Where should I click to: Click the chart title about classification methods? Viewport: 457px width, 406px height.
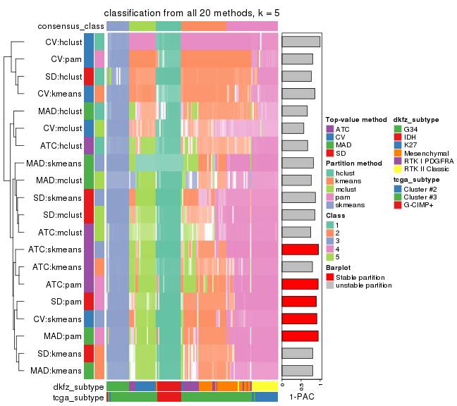(x=192, y=13)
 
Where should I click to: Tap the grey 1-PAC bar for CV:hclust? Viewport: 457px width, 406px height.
(x=300, y=42)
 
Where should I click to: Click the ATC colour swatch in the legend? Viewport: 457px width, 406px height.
(x=329, y=130)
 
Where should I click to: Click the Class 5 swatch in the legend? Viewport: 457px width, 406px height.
(x=329, y=257)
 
